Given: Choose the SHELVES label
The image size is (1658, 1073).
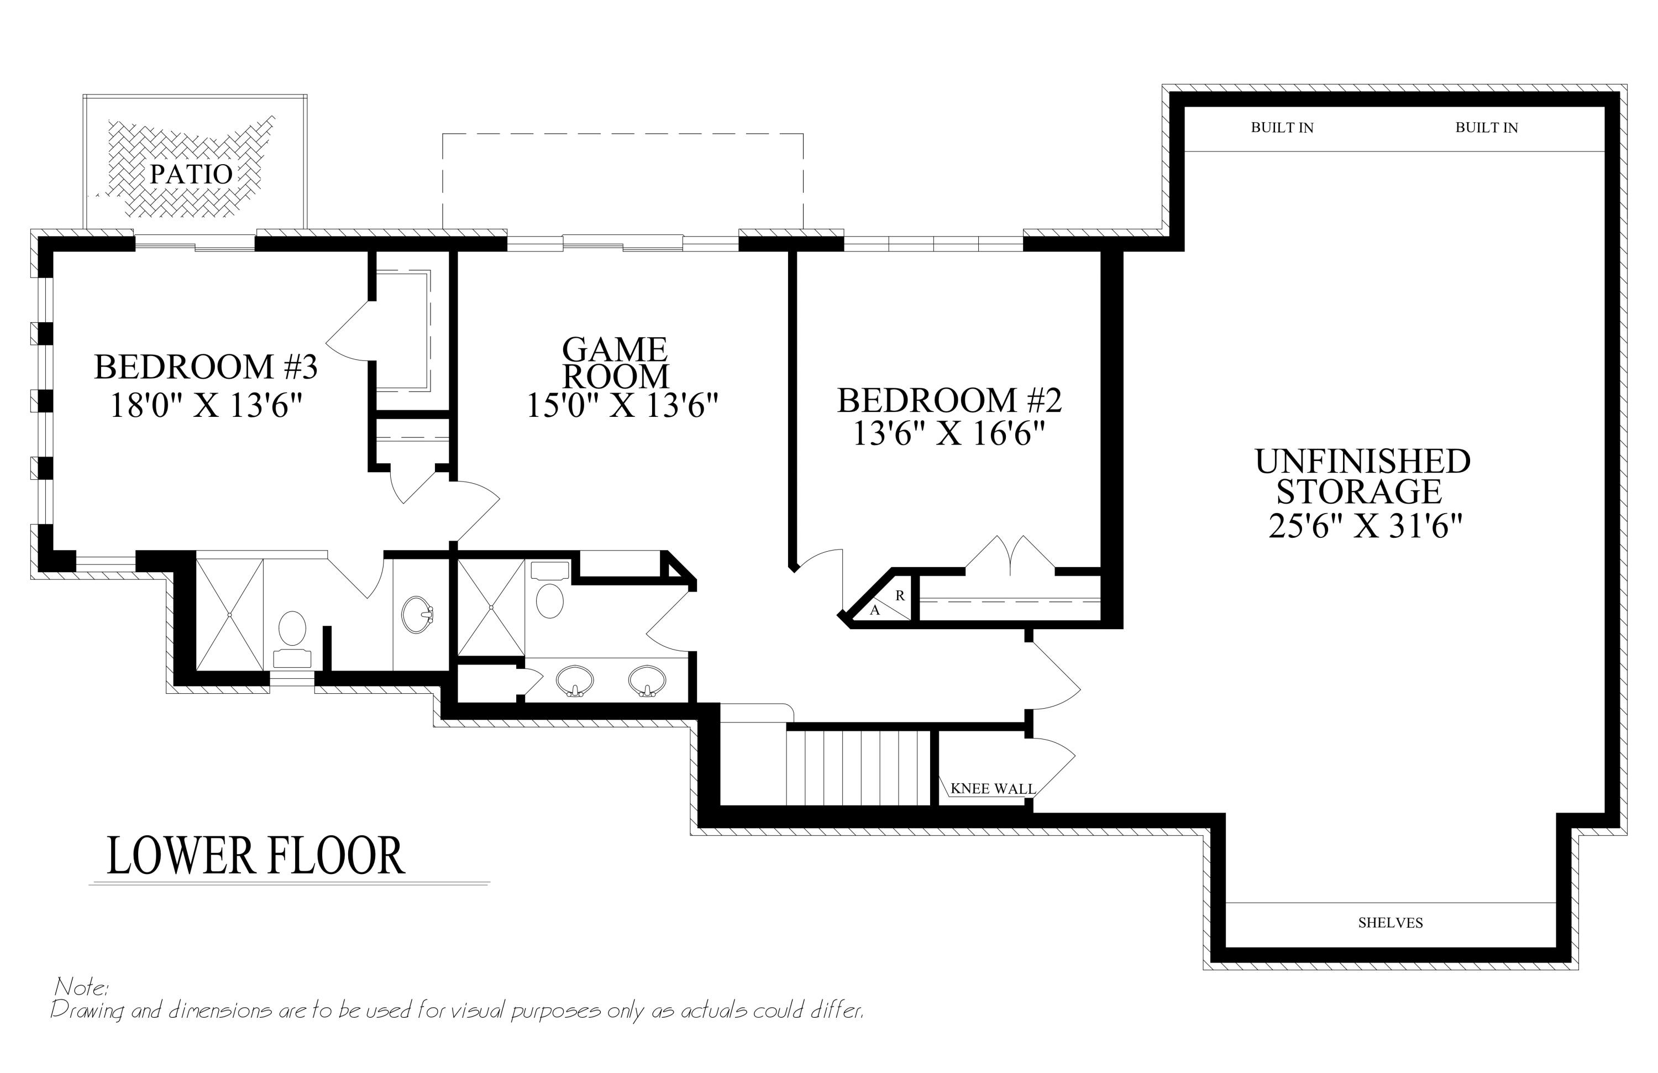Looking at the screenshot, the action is click(1391, 923).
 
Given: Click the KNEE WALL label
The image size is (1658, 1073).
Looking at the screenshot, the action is click(993, 789).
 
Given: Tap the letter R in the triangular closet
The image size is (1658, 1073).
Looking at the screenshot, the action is click(900, 596).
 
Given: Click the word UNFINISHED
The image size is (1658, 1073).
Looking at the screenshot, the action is click(1363, 461).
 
